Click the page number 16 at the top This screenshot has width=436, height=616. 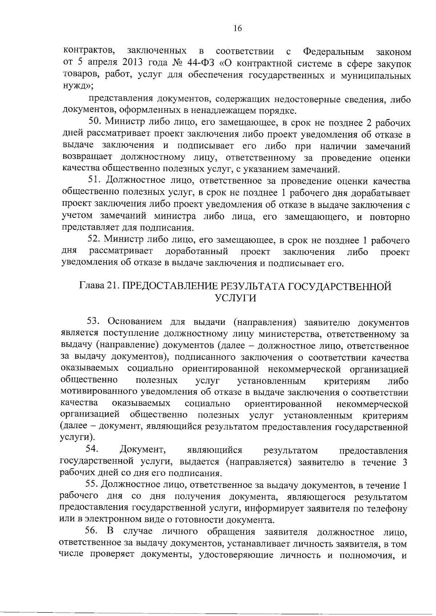[x=238, y=29]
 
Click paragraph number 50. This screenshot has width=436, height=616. [x=94, y=123]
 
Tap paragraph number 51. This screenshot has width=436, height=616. [x=94, y=181]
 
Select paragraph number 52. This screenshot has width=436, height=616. [x=94, y=240]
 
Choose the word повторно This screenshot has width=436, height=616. [x=389, y=217]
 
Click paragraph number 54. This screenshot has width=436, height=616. [x=93, y=450]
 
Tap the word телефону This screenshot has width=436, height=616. [x=388, y=509]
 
